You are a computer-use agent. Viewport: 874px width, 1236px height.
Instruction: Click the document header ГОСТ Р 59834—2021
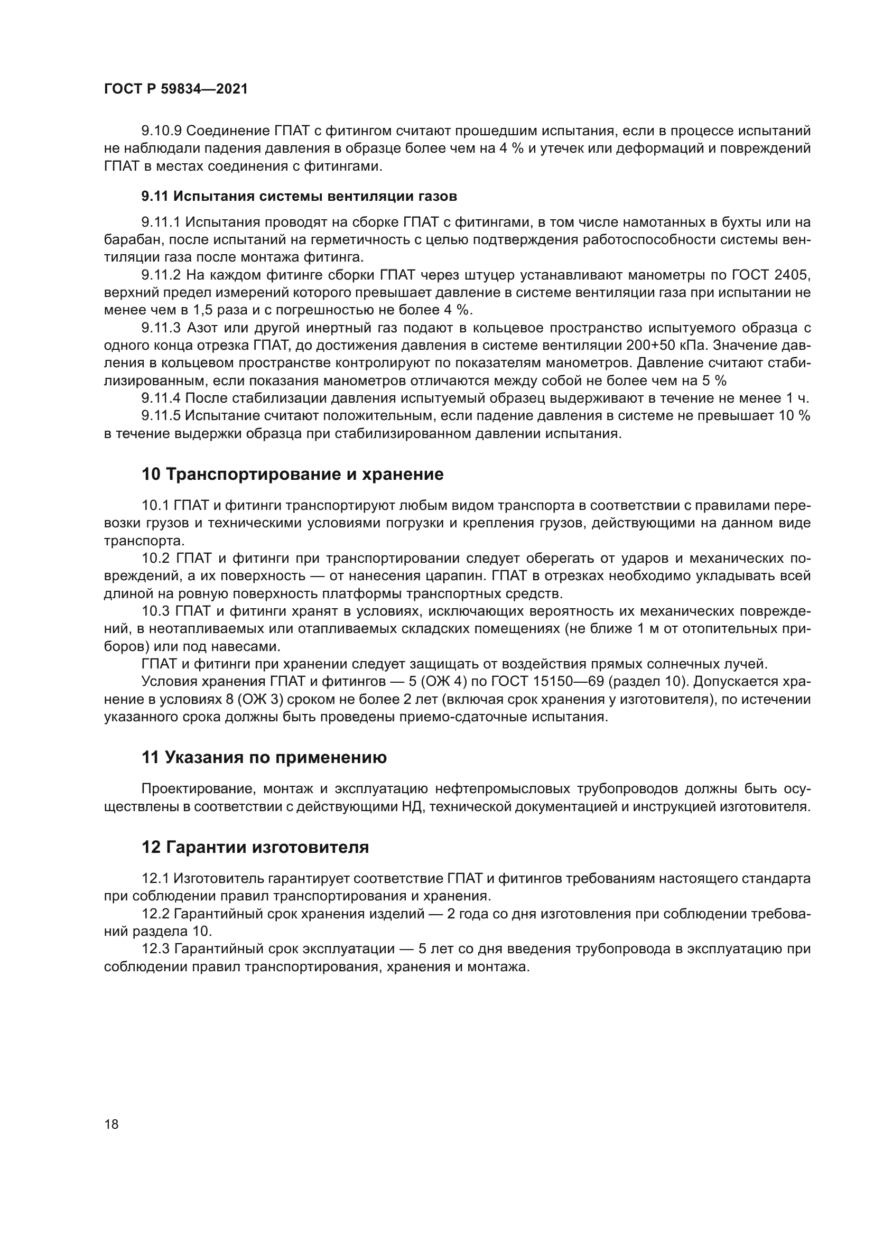click(175, 89)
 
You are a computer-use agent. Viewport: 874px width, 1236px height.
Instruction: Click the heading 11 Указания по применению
click(264, 757)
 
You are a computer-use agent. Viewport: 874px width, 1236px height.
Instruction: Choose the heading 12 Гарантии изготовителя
click(255, 847)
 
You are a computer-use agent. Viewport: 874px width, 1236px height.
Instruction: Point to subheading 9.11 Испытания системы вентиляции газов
click(299, 197)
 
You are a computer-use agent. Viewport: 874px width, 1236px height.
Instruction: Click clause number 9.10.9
click(162, 131)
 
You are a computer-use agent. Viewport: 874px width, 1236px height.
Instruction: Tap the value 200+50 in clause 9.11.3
click(650, 345)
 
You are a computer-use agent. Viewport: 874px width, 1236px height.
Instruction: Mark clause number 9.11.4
click(162, 398)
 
